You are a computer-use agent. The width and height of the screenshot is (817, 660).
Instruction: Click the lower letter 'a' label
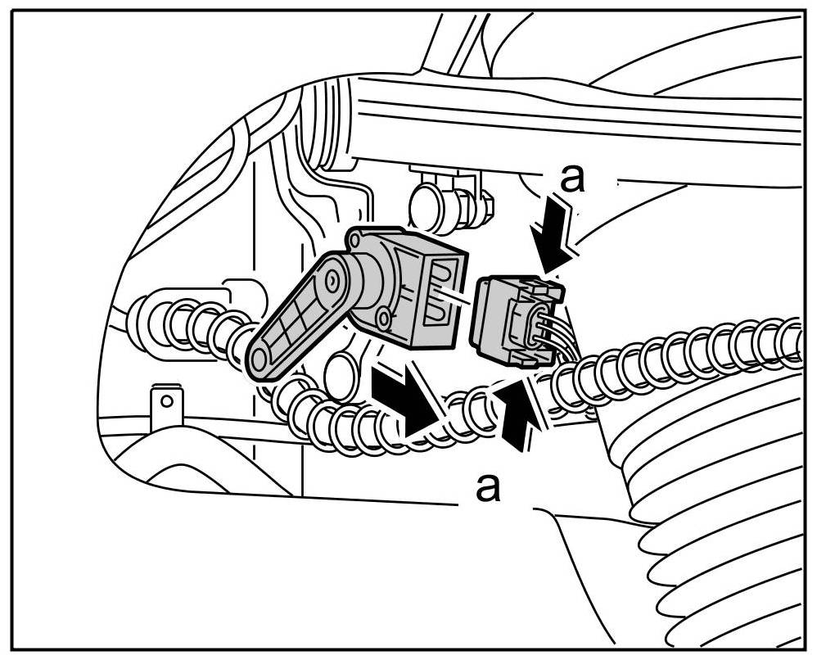point(488,488)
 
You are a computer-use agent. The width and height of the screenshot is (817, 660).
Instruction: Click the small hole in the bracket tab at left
point(166,401)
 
